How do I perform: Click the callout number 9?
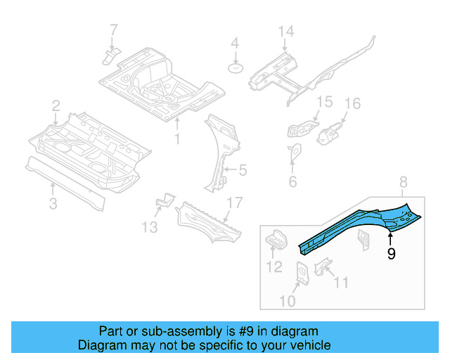pos(391,253)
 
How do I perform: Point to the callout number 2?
pos(56,106)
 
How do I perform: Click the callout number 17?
pos(233,204)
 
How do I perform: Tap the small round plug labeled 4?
pos(236,68)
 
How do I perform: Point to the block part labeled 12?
pos(276,239)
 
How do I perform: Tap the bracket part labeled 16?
pos(330,131)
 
